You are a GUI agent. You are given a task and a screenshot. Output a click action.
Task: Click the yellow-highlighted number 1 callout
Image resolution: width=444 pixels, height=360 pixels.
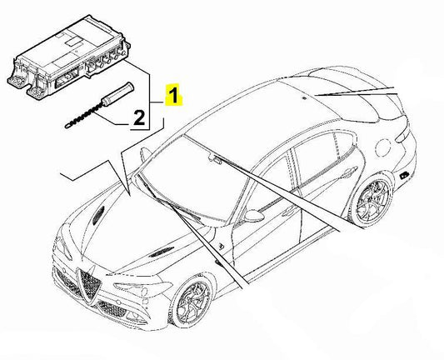(x=173, y=94)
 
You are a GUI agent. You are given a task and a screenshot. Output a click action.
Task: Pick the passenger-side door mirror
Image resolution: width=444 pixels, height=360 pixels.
(x=145, y=153)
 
